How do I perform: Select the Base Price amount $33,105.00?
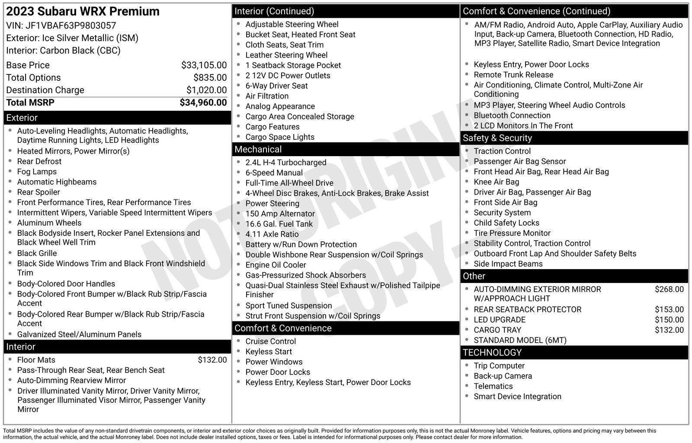tap(204, 65)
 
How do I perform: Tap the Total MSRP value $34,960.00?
tap(203, 103)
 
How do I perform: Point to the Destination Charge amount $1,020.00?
tap(206, 90)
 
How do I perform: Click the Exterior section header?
tap(22, 118)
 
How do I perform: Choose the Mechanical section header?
tap(258, 149)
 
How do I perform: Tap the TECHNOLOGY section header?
tap(492, 353)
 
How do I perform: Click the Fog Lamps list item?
tap(37, 172)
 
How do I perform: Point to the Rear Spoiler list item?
tap(38, 192)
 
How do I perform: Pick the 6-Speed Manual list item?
tap(274, 173)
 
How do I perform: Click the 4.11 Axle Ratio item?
tap(272, 234)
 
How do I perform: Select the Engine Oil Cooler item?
tap(276, 265)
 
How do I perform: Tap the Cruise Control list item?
tap(271, 341)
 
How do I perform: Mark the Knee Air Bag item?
tap(497, 182)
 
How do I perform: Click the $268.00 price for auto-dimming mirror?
tap(669, 289)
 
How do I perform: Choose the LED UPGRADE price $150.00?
tap(669, 320)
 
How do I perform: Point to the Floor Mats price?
tap(212, 360)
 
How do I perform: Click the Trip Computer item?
tap(499, 366)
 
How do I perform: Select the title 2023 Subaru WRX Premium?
tap(83, 11)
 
